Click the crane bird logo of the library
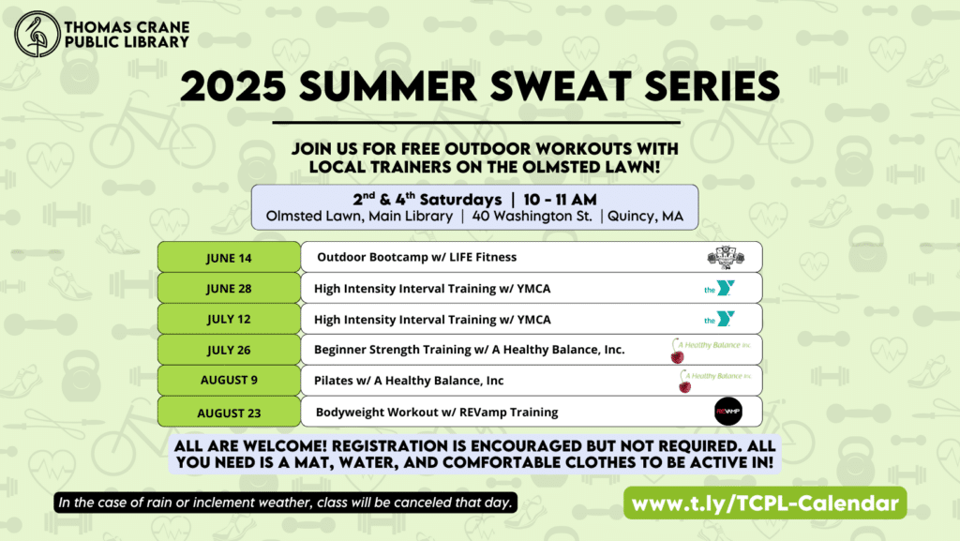[x=37, y=35]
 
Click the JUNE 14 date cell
[x=229, y=257]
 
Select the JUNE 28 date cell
[x=229, y=288]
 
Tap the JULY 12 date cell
[x=229, y=319]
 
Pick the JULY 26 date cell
[x=229, y=350]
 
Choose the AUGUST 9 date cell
[x=229, y=380]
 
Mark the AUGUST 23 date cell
[x=229, y=412]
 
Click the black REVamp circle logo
[x=727, y=412]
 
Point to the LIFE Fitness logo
[x=726, y=258]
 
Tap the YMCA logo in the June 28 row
[x=719, y=288]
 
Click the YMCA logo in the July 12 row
[x=719, y=319]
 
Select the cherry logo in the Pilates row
[x=685, y=382]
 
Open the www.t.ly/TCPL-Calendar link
[x=765, y=503]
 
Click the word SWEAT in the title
[x=561, y=86]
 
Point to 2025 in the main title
[x=233, y=86]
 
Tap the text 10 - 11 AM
[x=561, y=200]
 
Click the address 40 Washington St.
[x=532, y=216]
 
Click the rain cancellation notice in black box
[x=285, y=503]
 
